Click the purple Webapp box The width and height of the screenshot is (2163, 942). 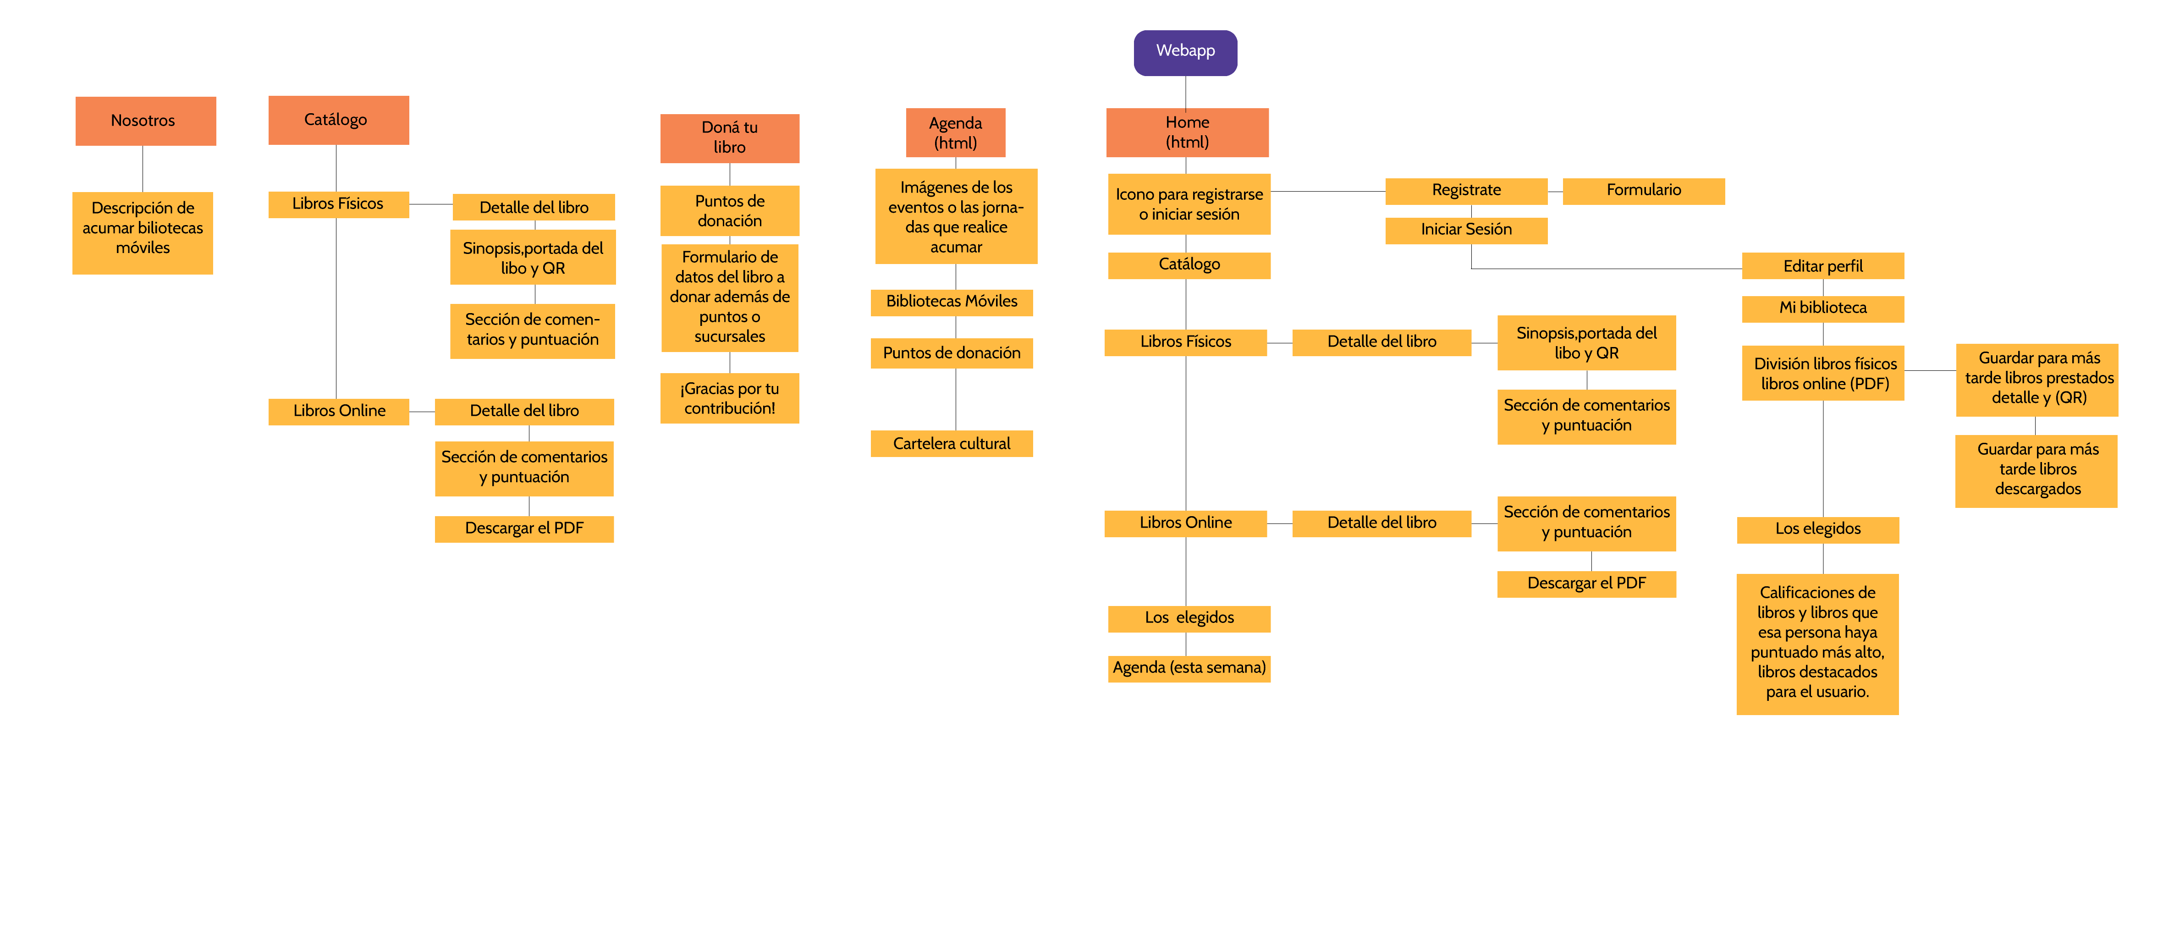[1185, 53]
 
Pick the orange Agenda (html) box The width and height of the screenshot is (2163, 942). [955, 132]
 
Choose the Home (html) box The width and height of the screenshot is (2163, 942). [1186, 132]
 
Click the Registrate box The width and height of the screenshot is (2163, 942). [1465, 191]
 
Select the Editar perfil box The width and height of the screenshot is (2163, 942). [1822, 266]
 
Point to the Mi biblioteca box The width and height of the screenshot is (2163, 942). [1822, 308]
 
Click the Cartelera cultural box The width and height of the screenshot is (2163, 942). [952, 443]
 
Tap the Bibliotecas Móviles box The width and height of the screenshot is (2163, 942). [952, 302]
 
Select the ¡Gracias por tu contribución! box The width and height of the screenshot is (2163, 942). [729, 398]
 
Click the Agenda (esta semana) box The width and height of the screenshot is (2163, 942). [1188, 668]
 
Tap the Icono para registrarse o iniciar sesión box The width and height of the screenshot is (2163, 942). [1188, 204]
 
